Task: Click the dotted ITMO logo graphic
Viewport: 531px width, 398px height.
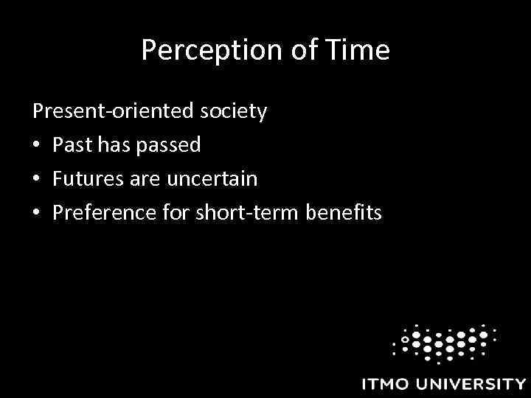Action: (x=443, y=341)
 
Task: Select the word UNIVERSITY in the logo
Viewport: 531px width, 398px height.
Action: (x=472, y=384)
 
